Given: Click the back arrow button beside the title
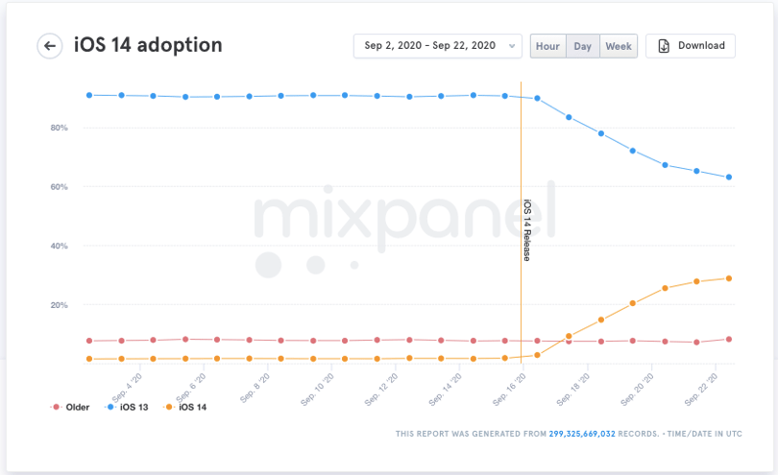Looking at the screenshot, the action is pyautogui.click(x=50, y=46).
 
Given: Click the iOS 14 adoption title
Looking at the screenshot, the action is pyautogui.click(x=148, y=45).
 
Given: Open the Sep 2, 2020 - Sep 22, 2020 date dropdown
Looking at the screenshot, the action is pyautogui.click(x=438, y=46).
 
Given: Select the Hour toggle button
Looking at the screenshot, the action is pyautogui.click(x=547, y=46).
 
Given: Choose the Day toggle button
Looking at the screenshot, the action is pyautogui.click(x=582, y=46).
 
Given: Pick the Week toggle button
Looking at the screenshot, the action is pyautogui.click(x=619, y=46).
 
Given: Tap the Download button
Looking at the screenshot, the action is pyautogui.click(x=691, y=46).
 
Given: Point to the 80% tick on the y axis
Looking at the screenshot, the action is pyautogui.click(x=59, y=128).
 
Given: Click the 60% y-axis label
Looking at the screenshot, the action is pyautogui.click(x=59, y=187).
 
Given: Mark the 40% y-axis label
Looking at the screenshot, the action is pyautogui.click(x=59, y=246).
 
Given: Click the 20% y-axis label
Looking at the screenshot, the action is pyautogui.click(x=59, y=305).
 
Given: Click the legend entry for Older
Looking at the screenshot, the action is pyautogui.click(x=70, y=407).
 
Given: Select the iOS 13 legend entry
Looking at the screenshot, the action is pyautogui.click(x=127, y=407).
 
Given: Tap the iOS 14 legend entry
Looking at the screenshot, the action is pyautogui.click(x=185, y=407).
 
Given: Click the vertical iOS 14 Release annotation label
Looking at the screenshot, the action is pyautogui.click(x=527, y=230).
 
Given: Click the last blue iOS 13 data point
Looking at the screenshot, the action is pyautogui.click(x=729, y=177).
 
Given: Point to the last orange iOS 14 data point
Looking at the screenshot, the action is pyautogui.click(x=729, y=278).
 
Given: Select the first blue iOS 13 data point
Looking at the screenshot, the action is pyautogui.click(x=89, y=95).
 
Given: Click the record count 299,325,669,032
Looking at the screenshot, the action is pyautogui.click(x=582, y=434).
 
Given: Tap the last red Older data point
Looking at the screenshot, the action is pyautogui.click(x=729, y=339).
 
